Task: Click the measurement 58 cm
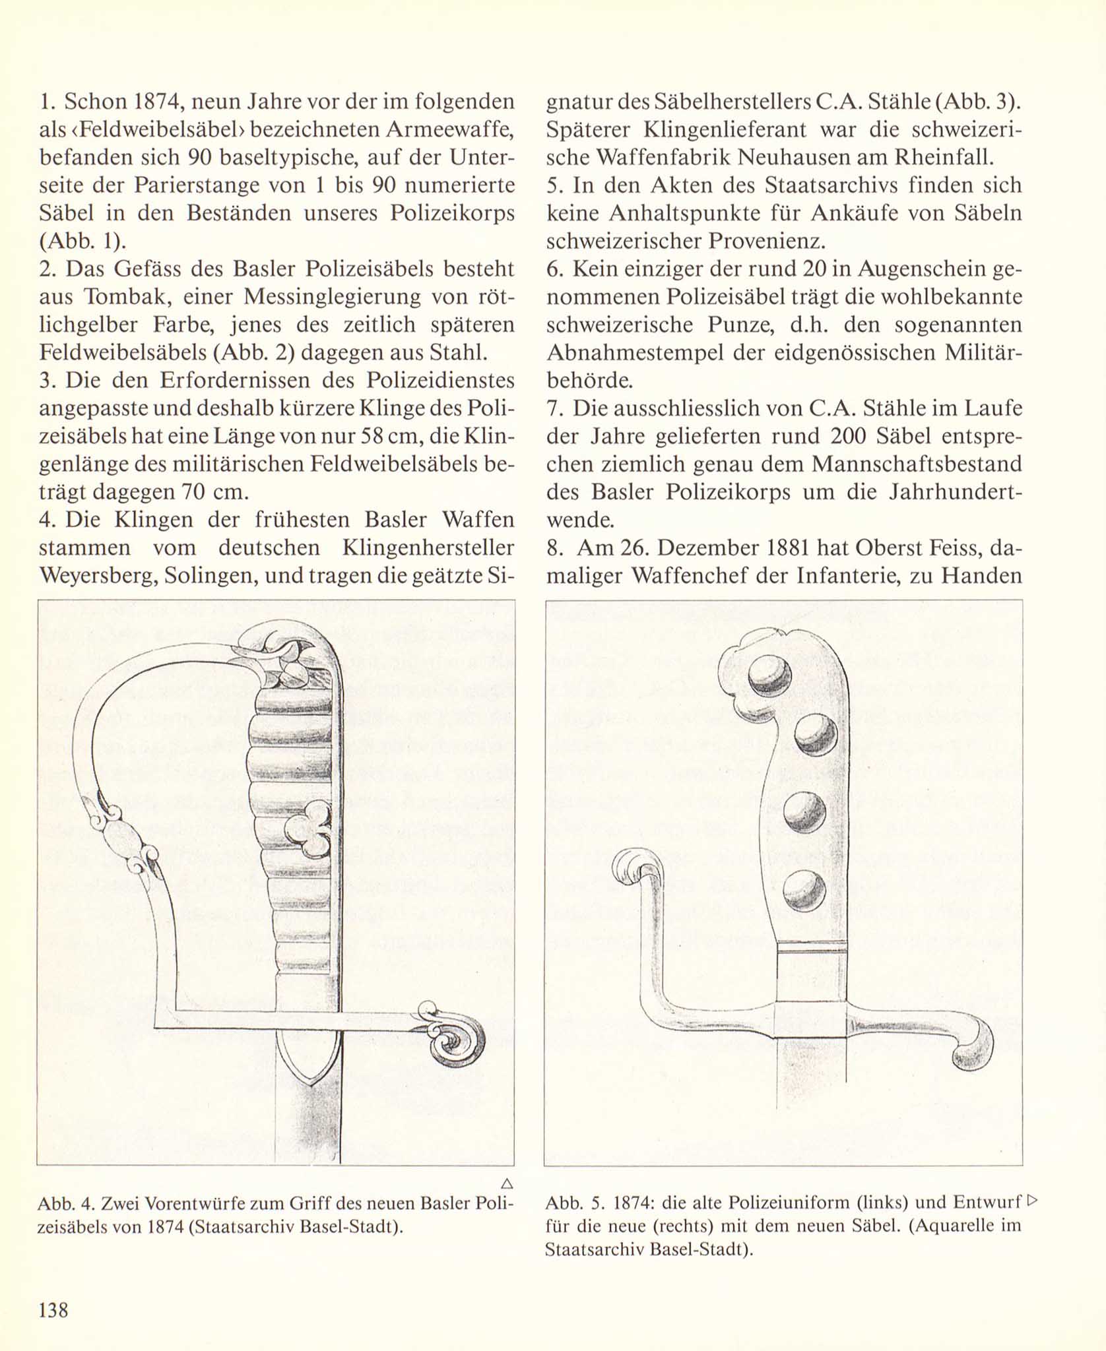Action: pyautogui.click(x=385, y=437)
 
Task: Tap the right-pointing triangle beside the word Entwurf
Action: pyautogui.click(x=1033, y=1200)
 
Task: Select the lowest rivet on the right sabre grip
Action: pyautogui.click(x=804, y=889)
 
